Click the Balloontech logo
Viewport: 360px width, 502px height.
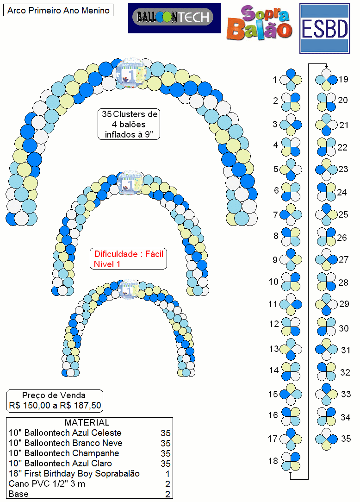tap(174, 18)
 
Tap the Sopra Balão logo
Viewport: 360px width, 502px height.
tap(259, 23)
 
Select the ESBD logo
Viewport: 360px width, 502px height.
tap(325, 29)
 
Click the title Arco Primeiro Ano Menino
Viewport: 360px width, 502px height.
tap(58, 10)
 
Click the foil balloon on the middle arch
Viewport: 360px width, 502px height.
tap(130, 182)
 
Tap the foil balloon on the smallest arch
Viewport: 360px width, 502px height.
tap(129, 289)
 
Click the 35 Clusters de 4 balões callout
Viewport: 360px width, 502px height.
tap(129, 124)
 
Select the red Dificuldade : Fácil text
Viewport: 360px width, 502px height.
tap(129, 259)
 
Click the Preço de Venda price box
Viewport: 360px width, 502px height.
tap(55, 401)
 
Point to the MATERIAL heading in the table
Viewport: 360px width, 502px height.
tap(87, 422)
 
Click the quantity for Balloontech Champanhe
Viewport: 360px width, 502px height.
tap(166, 453)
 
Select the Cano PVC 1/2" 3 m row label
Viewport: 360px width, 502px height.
tap(47, 484)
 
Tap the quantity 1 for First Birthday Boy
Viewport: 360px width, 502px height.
tap(168, 474)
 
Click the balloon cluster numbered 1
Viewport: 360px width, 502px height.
tap(291, 80)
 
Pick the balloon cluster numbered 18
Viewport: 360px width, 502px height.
tap(291, 461)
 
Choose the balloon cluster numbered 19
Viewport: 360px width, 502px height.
tap(326, 80)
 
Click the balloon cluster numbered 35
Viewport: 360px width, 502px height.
tap(326, 439)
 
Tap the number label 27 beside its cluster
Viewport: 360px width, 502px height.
tap(343, 259)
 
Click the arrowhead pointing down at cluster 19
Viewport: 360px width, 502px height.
tap(326, 66)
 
